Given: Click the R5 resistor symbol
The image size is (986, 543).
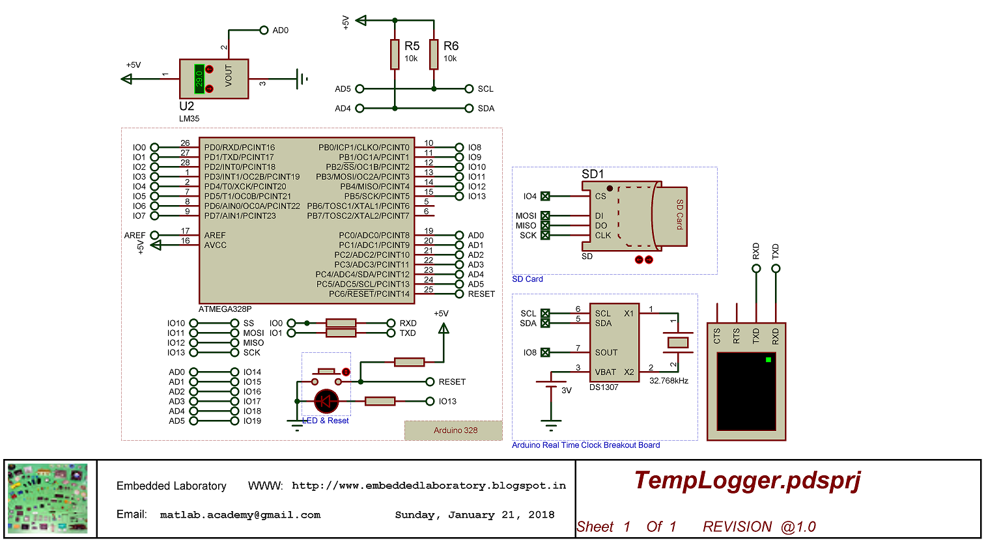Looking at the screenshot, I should click(x=395, y=54).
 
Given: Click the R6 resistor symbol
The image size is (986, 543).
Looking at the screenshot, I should click(x=434, y=54).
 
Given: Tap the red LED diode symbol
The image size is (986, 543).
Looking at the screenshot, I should click(x=326, y=401).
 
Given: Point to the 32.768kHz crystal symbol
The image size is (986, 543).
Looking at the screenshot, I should click(x=678, y=342).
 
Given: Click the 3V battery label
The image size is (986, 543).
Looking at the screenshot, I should click(x=566, y=391).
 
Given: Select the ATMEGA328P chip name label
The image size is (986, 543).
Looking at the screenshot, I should click(x=225, y=309).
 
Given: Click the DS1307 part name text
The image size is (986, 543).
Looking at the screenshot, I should click(x=604, y=387).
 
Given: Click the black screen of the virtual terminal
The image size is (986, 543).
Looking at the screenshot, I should click(x=746, y=391).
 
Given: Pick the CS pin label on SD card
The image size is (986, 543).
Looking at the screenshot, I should click(x=600, y=196).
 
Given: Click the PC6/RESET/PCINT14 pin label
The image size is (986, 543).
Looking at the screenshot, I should click(x=369, y=294).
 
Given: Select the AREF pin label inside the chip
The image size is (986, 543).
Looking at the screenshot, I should click(x=215, y=235).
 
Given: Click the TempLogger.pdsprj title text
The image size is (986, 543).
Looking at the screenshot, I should click(x=747, y=480).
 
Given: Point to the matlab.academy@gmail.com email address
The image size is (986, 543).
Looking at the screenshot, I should click(x=240, y=515).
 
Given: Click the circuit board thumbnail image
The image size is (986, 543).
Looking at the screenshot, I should click(x=48, y=499).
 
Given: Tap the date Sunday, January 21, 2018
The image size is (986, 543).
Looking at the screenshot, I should click(x=474, y=515).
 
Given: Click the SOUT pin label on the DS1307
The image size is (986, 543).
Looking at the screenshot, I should click(x=606, y=352).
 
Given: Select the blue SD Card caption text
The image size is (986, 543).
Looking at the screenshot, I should click(x=528, y=279).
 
